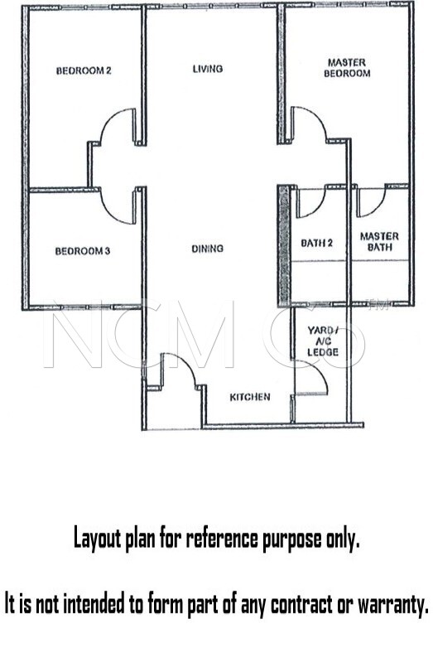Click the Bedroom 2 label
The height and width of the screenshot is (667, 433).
84,70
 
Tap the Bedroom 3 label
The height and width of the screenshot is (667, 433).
83,251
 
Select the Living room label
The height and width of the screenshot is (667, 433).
207,69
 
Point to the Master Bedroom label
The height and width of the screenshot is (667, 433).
347,68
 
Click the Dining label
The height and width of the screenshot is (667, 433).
207,249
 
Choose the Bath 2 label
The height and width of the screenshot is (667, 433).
316,243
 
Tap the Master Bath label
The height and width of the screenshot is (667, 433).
379,241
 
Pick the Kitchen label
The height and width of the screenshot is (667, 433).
250,397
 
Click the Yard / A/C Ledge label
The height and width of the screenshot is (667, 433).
323,341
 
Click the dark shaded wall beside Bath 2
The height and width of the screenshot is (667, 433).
284,246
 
